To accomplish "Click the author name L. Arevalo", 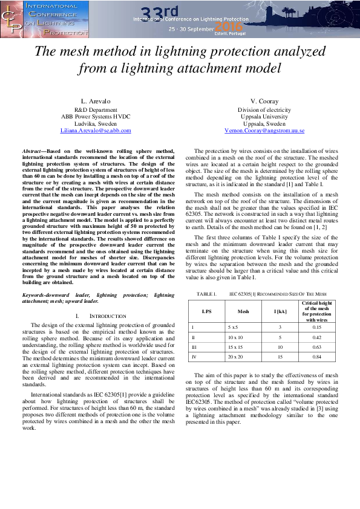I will pyautogui.click(x=96, y=100).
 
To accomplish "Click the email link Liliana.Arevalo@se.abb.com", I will pyautogui.click(x=96, y=130).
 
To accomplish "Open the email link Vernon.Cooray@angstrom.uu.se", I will pyautogui.click(x=265, y=130).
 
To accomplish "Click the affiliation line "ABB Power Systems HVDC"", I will pyautogui.click(x=96, y=116).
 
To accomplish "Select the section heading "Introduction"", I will pyautogui.click(x=108, y=316).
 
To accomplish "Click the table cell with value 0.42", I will pyautogui.click(x=316, y=337).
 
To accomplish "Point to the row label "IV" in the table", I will pyautogui.click(x=193, y=357).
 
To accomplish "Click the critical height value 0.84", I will pyautogui.click(x=316, y=357).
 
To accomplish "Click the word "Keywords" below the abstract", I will pyautogui.click(x=36, y=294).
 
